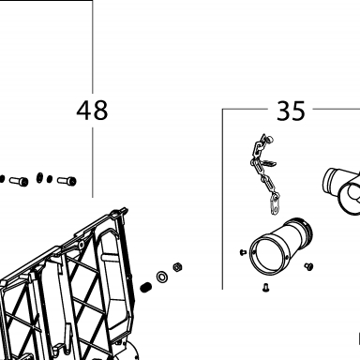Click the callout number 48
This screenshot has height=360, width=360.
[x=92, y=111]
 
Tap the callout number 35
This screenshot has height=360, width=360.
[x=291, y=111]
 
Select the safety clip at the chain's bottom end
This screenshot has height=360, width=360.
[x=275, y=204]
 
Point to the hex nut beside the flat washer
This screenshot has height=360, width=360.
[x=178, y=267]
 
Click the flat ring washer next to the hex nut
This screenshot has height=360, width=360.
[x=162, y=277]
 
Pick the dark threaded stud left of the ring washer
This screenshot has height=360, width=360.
[x=145, y=288]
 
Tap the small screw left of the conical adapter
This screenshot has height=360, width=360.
[x=243, y=252]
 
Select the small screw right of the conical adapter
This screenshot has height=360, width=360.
[x=308, y=266]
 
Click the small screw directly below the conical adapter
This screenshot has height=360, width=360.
[x=266, y=287]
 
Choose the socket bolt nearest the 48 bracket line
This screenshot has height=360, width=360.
[x=67, y=181]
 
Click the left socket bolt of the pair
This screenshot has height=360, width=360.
[x=19, y=181]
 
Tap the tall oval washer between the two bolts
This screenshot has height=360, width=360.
[x=39, y=177]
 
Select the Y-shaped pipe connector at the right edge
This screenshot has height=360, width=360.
[x=341, y=190]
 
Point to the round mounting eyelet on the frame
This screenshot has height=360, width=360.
[x=82, y=245]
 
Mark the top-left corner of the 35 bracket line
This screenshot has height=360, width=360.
[x=222, y=109]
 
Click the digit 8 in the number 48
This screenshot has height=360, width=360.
[x=100, y=111]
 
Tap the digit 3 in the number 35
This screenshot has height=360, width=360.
[x=283, y=111]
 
